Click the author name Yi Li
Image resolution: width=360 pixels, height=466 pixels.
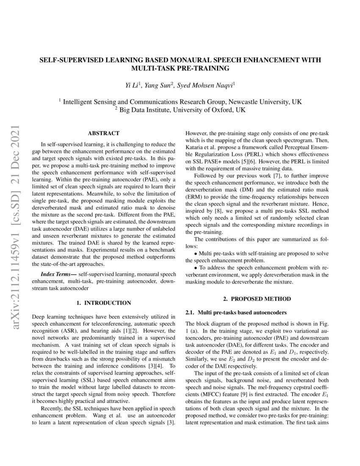(x=133, y=86)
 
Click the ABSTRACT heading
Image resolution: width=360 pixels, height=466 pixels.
(x=103, y=133)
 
